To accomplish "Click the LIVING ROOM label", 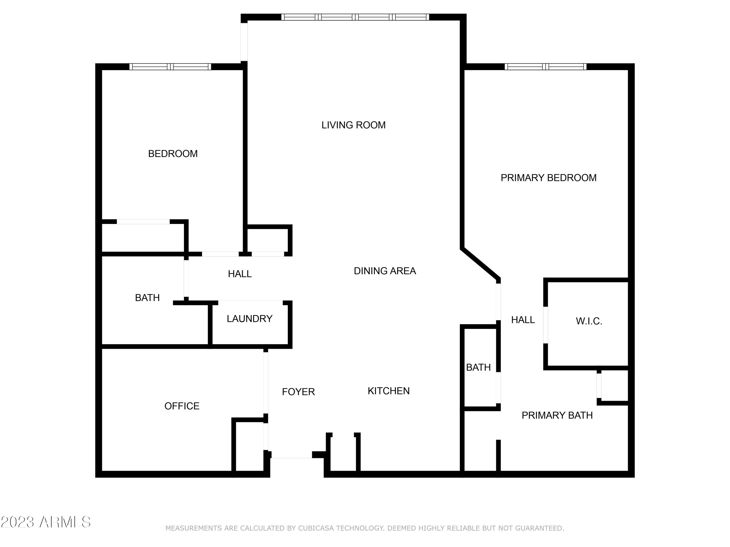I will coord(354,125).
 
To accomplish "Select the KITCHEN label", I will coord(388,391).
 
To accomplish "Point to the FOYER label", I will coord(298,392).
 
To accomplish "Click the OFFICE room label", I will coord(182,406).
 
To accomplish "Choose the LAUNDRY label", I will coord(249,318).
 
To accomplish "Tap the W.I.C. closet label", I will coord(589,321).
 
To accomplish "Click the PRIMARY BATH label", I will coord(557,415).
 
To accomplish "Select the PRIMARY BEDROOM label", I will coord(548,178).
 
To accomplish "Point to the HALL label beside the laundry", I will coord(240,274).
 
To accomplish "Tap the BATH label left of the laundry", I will coord(147,298).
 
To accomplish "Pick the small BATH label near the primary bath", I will coord(478,367).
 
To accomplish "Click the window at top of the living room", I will coord(355,17).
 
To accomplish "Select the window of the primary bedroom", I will coord(546,67).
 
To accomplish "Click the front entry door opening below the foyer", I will coord(292,455).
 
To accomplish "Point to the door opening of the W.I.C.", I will coord(546,325).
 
